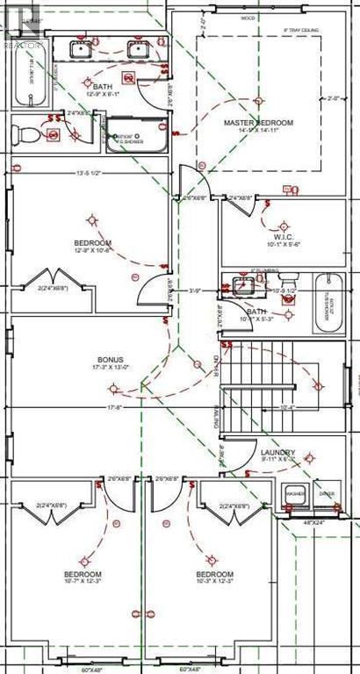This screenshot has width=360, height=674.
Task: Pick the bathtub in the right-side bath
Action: click(x=330, y=304)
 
